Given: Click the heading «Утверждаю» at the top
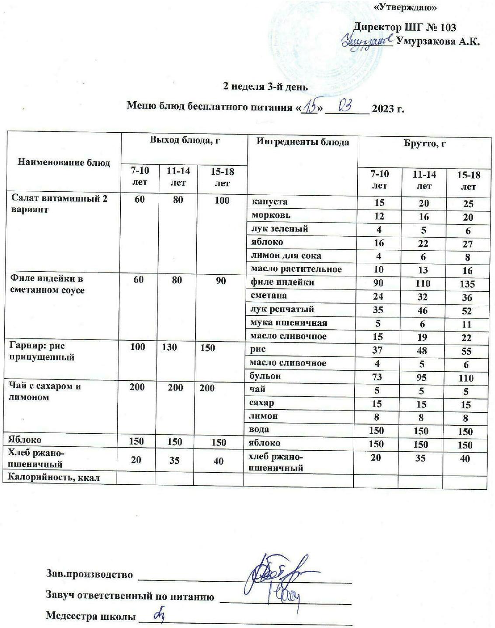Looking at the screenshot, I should (x=406, y=7).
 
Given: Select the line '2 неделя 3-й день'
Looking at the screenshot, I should (x=265, y=86).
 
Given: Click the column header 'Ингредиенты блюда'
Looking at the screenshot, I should (x=303, y=142).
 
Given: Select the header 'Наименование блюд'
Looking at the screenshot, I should (x=64, y=162).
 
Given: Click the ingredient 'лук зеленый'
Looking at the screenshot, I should (x=279, y=229).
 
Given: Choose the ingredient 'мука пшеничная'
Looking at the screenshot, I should (x=289, y=323).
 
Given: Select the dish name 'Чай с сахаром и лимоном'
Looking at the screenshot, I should (x=45, y=392).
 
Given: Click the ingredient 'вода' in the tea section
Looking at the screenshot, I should (x=259, y=429).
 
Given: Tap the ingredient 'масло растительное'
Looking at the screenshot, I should (x=296, y=269).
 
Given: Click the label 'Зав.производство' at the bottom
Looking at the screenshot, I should (x=89, y=574).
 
